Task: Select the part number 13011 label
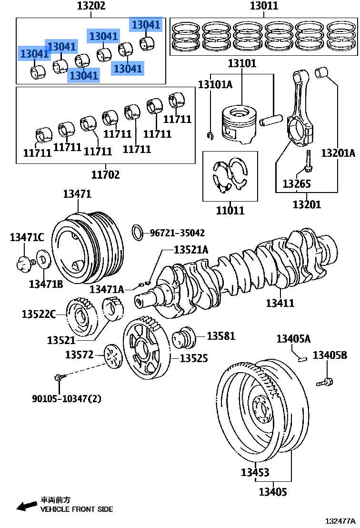pos(264,6)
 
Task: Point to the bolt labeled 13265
pos(309,162)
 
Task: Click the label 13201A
pos(338,153)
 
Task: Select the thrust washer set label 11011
pos(230,210)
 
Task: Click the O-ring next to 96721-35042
pos(137,233)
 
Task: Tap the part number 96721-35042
pos(177,233)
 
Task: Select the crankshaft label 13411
pos(280,303)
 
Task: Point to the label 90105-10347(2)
pos(67,398)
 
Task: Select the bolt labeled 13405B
pos(325,381)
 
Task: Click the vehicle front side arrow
pos(27,506)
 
